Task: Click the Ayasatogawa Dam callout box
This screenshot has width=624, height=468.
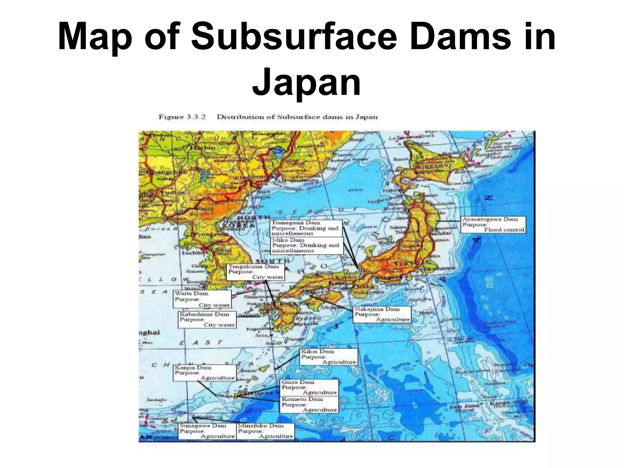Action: click(x=493, y=225)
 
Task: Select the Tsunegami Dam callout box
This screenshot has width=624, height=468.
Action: click(x=306, y=228)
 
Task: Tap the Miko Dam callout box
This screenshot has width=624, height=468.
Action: click(x=307, y=245)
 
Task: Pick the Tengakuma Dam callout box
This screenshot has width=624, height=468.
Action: click(x=256, y=272)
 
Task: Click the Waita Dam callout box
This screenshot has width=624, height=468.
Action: click(x=202, y=299)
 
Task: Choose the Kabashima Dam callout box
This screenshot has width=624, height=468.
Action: click(x=207, y=319)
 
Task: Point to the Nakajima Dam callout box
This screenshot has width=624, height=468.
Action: click(x=382, y=314)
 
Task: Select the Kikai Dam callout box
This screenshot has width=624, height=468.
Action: click(x=328, y=357)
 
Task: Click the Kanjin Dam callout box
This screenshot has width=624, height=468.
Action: click(x=204, y=373)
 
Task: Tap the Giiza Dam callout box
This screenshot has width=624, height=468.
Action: click(x=309, y=387)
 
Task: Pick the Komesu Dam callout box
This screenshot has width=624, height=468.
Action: click(x=309, y=404)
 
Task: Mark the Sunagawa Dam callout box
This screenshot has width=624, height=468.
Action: click(x=207, y=431)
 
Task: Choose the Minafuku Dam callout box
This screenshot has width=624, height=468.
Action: click(x=265, y=431)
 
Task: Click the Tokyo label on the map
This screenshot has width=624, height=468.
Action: click(x=403, y=263)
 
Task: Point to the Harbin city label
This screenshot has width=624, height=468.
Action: click(x=203, y=147)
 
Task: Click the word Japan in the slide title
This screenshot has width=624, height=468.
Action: click(x=307, y=82)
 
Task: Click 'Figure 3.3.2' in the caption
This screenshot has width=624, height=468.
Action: click(x=182, y=117)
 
